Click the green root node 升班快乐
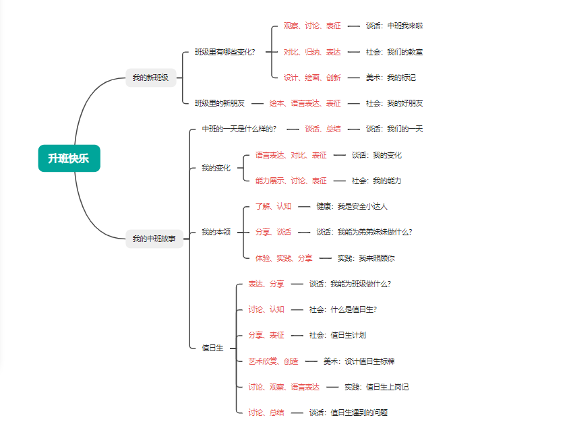point(69,158)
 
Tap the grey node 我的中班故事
point(154,239)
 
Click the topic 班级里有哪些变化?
point(225,52)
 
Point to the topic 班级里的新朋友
point(220,103)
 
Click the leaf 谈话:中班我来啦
point(394,26)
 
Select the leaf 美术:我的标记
point(391,78)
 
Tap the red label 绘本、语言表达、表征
point(305,103)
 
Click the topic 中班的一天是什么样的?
point(239,129)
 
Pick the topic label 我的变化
point(216,168)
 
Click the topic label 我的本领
point(216,232)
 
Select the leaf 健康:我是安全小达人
point(352,206)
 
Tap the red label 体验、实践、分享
point(284,258)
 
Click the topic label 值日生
point(212,348)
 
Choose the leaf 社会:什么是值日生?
point(343,309)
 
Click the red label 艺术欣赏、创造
point(273,361)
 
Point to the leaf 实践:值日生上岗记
point(377,387)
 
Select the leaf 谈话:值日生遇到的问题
point(349,413)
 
